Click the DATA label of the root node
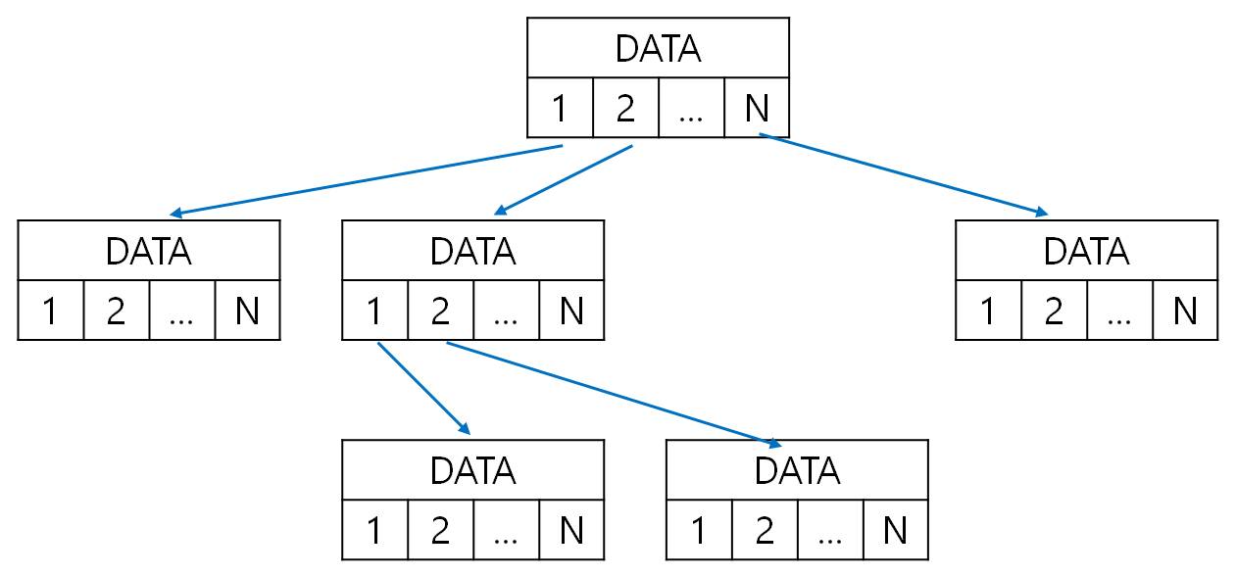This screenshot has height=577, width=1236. (658, 48)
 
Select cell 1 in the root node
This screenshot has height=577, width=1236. (560, 108)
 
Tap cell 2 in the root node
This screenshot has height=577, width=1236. (625, 108)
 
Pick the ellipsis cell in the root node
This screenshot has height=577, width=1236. (691, 108)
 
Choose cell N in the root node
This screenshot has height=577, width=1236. (756, 108)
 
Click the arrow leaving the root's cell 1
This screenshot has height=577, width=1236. (368, 180)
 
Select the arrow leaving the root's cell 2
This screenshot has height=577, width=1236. (564, 179)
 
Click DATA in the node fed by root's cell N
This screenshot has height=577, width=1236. (1086, 251)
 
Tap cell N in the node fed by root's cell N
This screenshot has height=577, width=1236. (1185, 311)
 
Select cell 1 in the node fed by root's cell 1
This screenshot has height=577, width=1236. (50, 311)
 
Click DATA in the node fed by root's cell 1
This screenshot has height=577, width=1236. (148, 251)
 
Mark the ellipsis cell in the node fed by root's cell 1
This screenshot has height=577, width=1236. (181, 311)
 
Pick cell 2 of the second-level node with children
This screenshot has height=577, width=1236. (440, 311)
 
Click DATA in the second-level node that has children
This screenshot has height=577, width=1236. (472, 251)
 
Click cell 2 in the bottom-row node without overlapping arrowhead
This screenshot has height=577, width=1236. (440, 530)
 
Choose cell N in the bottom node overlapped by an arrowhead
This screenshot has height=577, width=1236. (895, 530)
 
